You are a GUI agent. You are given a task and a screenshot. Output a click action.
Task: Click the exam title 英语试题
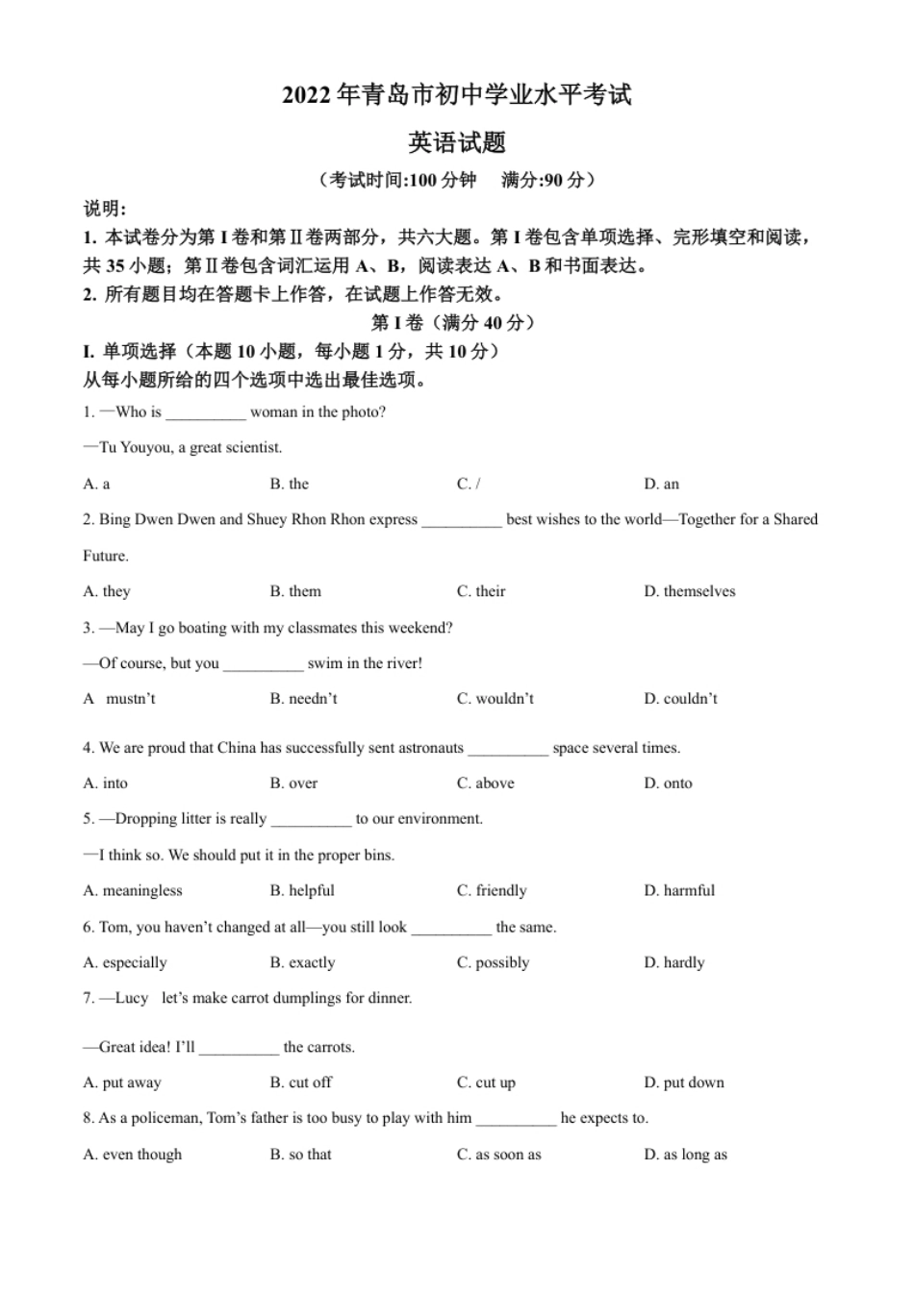[x=457, y=143]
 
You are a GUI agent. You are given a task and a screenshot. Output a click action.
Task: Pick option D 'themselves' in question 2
[x=690, y=591]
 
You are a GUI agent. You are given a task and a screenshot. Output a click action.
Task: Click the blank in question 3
[x=263, y=663]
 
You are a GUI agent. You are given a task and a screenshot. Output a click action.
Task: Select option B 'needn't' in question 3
[x=304, y=699]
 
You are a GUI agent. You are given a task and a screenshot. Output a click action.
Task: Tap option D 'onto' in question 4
[x=669, y=783]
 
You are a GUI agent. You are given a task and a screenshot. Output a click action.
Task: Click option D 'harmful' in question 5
[x=680, y=891]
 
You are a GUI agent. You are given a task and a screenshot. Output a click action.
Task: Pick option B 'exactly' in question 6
[x=303, y=962]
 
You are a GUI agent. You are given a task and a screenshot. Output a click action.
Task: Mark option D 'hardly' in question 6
[x=674, y=962]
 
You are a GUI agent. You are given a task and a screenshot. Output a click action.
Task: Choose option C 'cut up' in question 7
[x=487, y=1082]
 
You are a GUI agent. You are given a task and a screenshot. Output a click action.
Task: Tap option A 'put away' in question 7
[x=122, y=1082]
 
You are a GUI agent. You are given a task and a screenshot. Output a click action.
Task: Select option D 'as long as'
[x=686, y=1155]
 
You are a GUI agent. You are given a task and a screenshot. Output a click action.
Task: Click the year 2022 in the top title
[x=306, y=96]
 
